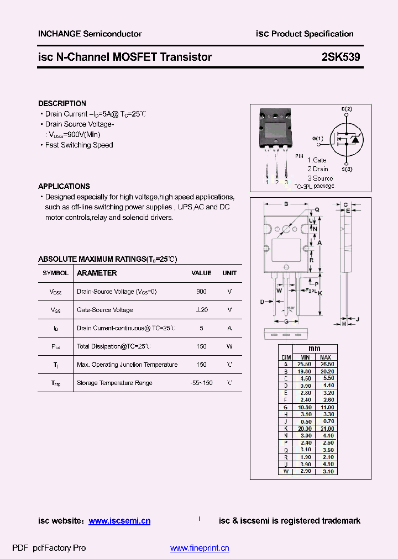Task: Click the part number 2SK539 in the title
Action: point(341,57)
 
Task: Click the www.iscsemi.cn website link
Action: point(119,521)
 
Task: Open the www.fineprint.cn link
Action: point(200,548)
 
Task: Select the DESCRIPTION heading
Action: point(62,103)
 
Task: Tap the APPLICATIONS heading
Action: point(64,186)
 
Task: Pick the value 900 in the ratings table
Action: point(201,291)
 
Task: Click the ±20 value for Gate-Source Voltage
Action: point(201,310)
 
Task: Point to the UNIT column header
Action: point(229,273)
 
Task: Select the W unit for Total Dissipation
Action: point(229,346)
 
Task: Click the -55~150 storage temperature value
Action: point(201,383)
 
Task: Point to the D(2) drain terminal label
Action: point(347,109)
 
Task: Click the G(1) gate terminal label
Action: point(318,138)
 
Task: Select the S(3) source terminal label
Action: point(347,169)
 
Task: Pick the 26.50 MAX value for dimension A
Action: point(327,364)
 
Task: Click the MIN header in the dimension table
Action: point(305,357)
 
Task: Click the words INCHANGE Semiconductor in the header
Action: point(90,34)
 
